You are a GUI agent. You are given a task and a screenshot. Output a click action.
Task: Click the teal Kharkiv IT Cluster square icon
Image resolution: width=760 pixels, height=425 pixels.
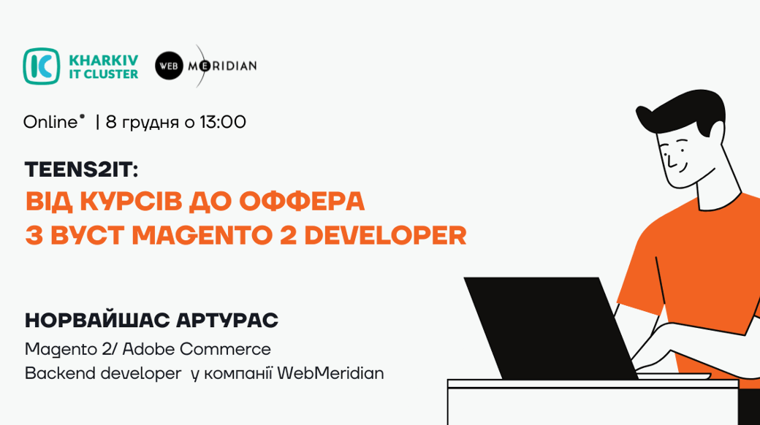click(x=42, y=66)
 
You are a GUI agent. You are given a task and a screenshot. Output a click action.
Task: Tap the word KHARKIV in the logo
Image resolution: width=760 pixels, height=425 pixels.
click(x=104, y=60)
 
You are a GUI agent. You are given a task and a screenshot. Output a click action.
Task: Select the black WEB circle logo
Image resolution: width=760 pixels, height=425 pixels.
click(x=169, y=66)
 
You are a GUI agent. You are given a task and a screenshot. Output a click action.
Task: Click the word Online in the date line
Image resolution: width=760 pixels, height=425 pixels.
click(x=50, y=122)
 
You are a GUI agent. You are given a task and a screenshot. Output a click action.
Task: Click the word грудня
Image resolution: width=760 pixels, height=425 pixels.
click(x=151, y=123)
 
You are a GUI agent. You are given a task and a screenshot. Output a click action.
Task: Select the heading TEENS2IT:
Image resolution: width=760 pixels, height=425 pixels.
click(x=81, y=169)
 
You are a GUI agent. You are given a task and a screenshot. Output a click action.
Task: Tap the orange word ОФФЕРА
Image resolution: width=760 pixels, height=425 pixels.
click(x=302, y=202)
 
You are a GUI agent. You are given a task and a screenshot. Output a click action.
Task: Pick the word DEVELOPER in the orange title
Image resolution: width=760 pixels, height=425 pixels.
click(x=385, y=236)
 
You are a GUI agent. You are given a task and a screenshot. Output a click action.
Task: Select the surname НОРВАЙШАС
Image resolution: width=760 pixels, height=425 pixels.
click(x=97, y=321)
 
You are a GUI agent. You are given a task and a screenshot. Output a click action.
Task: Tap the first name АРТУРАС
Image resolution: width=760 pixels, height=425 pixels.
click(x=227, y=321)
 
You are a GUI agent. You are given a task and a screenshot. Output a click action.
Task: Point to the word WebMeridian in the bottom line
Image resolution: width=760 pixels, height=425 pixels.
click(x=330, y=373)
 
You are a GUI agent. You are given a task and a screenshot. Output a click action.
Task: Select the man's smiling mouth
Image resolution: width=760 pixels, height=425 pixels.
click(x=683, y=168)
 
